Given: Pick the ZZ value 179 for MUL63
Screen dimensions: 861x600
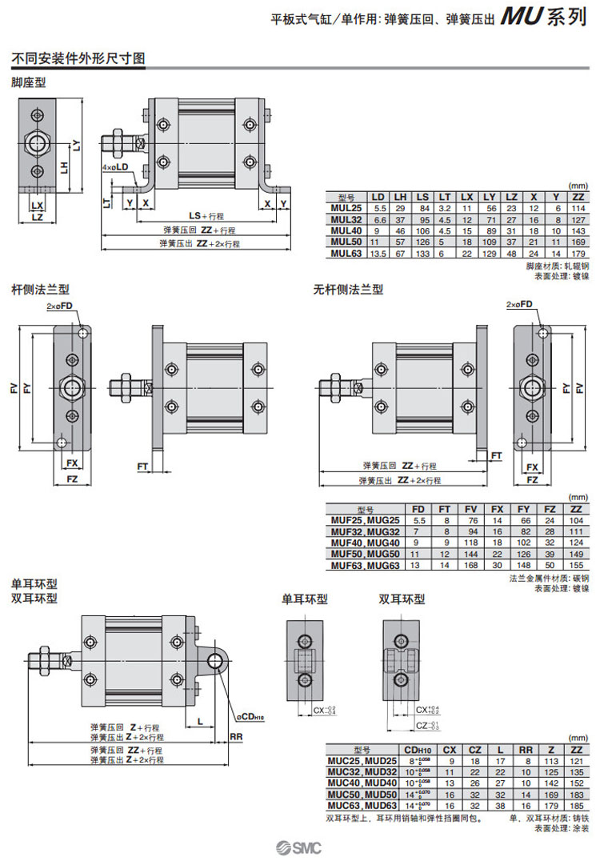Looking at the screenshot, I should tap(577, 253).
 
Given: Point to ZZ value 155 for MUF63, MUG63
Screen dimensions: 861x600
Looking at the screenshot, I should tap(574, 565).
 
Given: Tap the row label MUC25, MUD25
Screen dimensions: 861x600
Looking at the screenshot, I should tap(362, 761).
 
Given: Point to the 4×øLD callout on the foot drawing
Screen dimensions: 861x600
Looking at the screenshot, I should tap(116, 167).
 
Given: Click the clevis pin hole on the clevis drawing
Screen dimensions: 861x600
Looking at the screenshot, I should tap(215, 660).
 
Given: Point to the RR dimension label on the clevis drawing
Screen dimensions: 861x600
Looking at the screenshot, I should tap(236, 735).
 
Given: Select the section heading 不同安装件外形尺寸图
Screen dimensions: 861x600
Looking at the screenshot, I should tap(77, 58).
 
